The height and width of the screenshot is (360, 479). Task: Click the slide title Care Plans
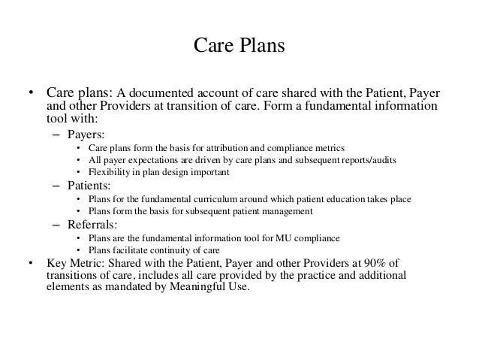239,46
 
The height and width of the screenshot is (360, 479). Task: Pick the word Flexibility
110,172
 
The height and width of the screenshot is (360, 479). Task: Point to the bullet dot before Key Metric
29,262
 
